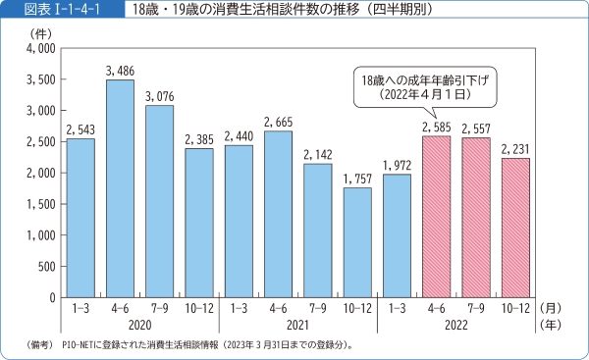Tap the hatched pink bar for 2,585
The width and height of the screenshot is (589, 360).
pyautogui.click(x=437, y=217)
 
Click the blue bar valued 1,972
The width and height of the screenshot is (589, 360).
pyautogui.click(x=397, y=235)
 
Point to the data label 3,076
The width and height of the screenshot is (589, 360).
pyautogui.click(x=160, y=96)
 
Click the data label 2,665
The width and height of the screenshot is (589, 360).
pyautogui.click(x=278, y=122)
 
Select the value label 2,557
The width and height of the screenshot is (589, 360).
pyautogui.click(x=476, y=129)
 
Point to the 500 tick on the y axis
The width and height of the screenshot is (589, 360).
pyautogui.click(x=45, y=266)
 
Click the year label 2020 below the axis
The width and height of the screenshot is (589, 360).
pyautogui.click(x=139, y=324)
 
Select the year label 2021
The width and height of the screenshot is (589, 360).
pyautogui.click(x=297, y=324)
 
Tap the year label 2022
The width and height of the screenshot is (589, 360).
pyautogui.click(x=456, y=324)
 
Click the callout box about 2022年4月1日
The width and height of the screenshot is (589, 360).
pyautogui.click(x=424, y=86)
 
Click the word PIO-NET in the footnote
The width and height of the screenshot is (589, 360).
pyautogui.click(x=80, y=345)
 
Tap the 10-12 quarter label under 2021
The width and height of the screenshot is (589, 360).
pyautogui.click(x=357, y=307)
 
